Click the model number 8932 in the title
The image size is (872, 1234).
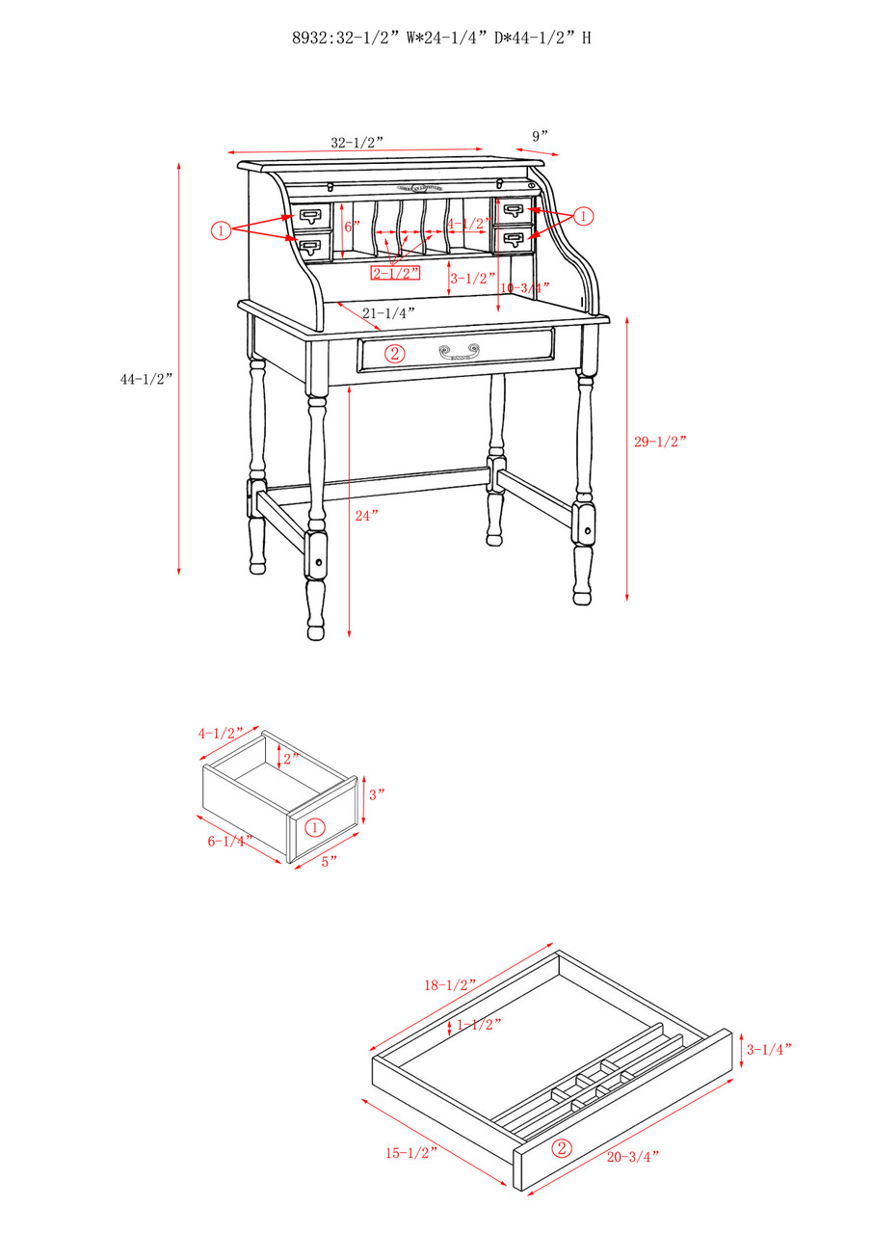308,39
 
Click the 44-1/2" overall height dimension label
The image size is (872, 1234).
145,379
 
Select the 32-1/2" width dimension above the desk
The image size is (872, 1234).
357,143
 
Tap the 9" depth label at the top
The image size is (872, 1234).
540,136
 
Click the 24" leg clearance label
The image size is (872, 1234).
367,515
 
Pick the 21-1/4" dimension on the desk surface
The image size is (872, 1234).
388,312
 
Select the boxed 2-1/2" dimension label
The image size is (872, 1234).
395,273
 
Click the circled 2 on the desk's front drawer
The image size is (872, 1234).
394,353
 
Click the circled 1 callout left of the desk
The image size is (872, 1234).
221,230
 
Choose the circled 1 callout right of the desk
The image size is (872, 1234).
584,216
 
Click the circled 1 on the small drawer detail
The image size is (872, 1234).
314,827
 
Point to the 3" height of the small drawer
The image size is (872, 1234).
377,794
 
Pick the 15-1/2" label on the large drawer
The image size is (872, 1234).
411,1152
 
